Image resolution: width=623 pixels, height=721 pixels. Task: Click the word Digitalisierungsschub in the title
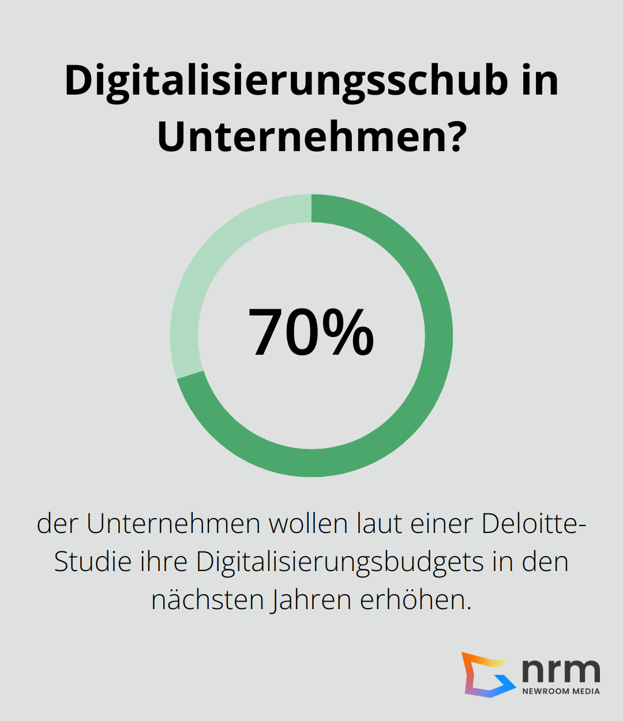tap(286, 81)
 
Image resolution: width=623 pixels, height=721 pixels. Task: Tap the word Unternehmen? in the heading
tap(311, 137)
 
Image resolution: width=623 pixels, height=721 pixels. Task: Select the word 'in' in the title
tap(540, 80)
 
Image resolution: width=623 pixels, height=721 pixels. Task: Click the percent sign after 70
tap(348, 333)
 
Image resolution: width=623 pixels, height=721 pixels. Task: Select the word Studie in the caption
tap(92, 562)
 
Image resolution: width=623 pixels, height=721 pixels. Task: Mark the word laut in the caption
tap(379, 524)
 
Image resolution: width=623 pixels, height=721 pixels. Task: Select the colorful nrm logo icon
tap(487, 674)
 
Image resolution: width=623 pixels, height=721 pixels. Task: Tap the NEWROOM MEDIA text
tap(561, 691)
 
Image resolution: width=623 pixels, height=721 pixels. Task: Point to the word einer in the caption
tap(442, 524)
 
